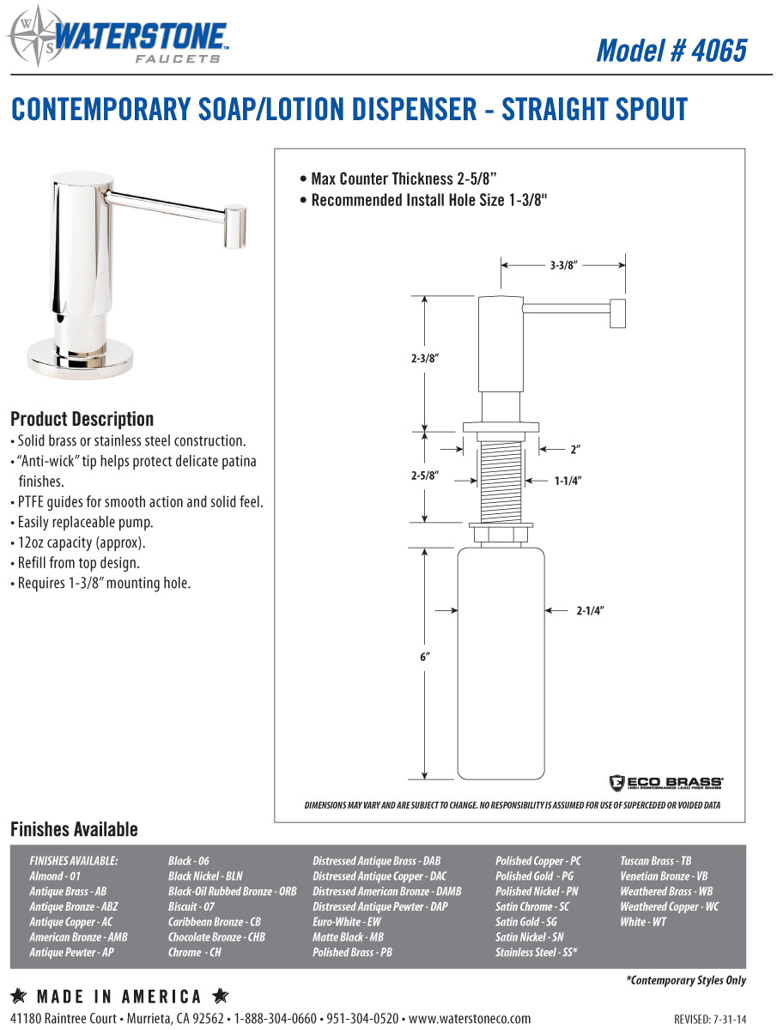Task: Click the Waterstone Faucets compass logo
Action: pyautogui.click(x=27, y=36)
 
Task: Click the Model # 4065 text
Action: pyautogui.click(x=671, y=50)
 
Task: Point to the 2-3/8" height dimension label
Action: pyautogui.click(x=425, y=360)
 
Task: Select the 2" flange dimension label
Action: pyautogui.click(x=575, y=449)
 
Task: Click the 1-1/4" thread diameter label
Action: pyautogui.click(x=568, y=482)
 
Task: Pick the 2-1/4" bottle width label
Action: pyautogui.click(x=591, y=611)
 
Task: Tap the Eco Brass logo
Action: pyautogui.click(x=666, y=782)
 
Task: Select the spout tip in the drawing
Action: pyautogui.click(x=616, y=312)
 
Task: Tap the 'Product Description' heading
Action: pyautogui.click(x=82, y=420)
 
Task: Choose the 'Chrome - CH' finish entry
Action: pyautogui.click(x=194, y=953)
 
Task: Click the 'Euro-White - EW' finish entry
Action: pyautogui.click(x=347, y=922)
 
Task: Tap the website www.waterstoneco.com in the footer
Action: pyautogui.click(x=470, y=1019)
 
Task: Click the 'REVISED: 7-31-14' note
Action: pyautogui.click(x=710, y=1020)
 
